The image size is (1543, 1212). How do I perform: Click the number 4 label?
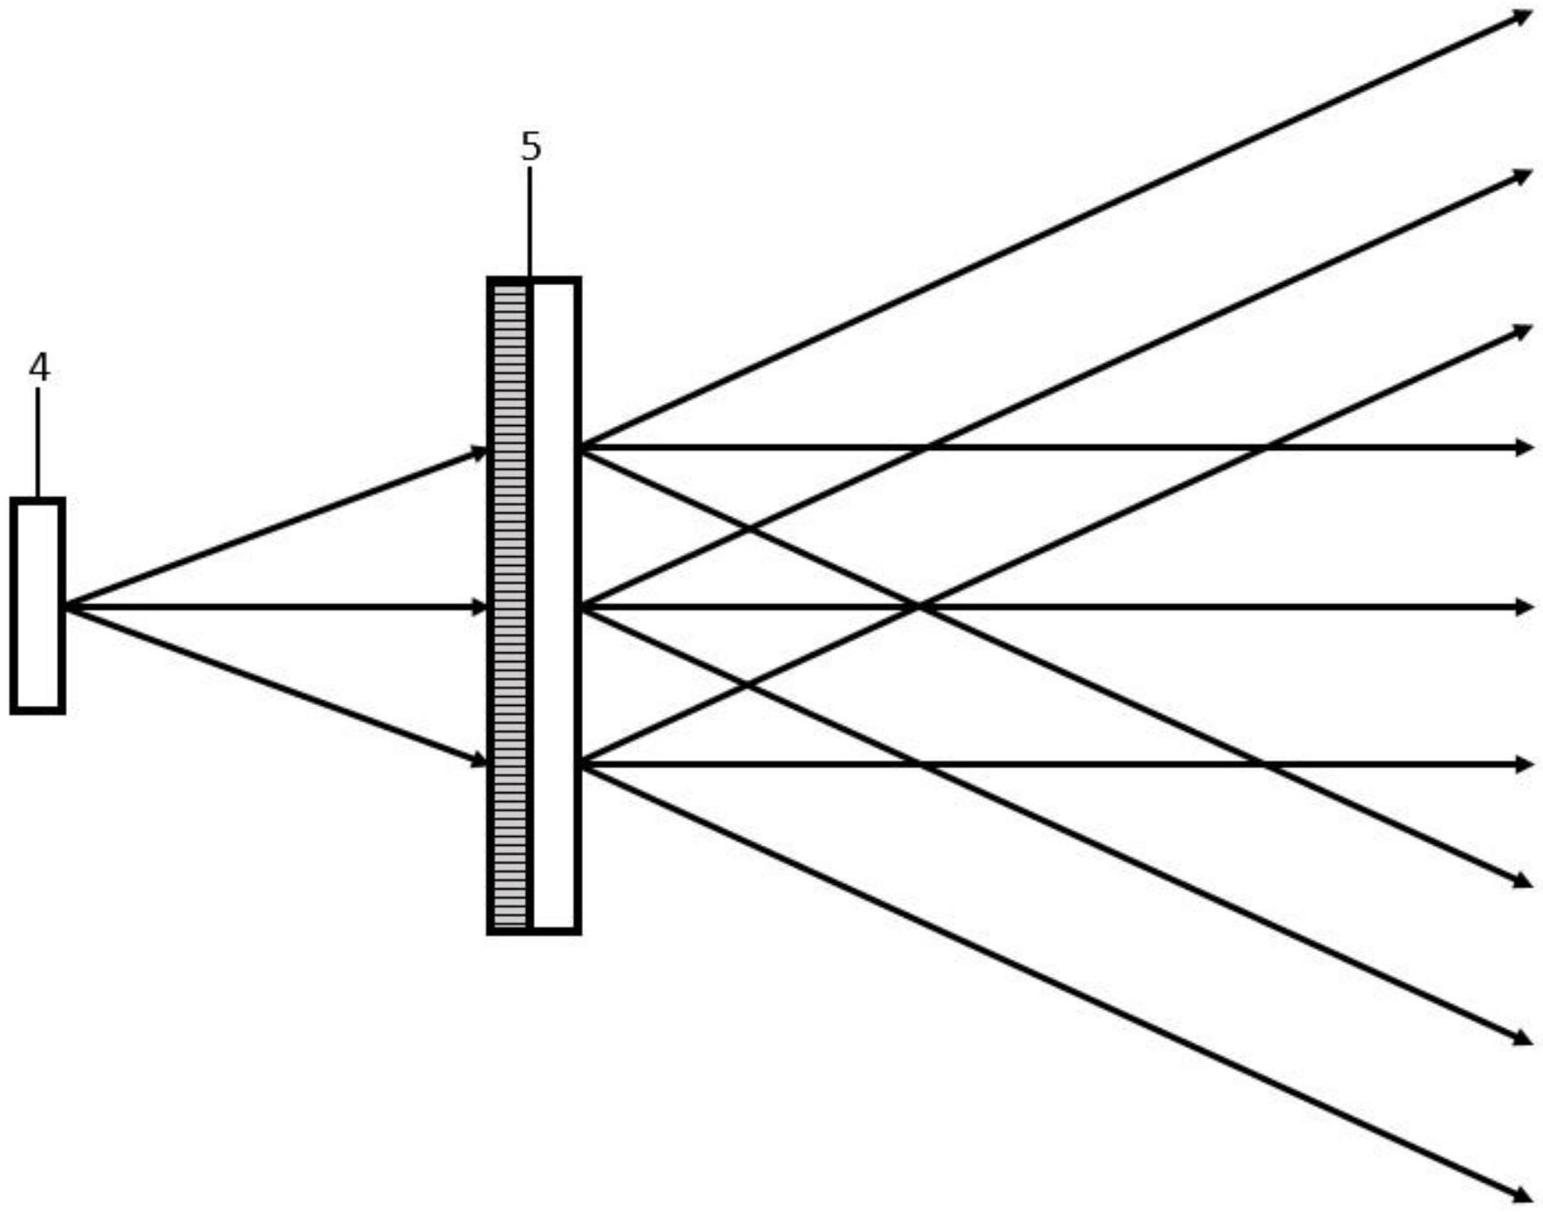tap(39, 367)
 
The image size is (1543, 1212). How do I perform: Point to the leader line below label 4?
tap(37, 442)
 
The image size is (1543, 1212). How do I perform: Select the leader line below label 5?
tap(529, 222)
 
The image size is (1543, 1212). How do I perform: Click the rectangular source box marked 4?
tap(37, 606)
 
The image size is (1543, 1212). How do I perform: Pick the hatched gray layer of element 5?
tap(510, 606)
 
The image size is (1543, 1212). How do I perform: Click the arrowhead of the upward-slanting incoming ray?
tap(480, 453)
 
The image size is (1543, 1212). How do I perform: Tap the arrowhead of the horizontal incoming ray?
tap(480, 607)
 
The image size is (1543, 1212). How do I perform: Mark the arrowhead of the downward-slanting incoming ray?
tap(480, 760)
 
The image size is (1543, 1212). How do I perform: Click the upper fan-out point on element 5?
tap(582, 447)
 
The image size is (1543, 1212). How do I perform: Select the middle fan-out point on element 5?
tap(582, 607)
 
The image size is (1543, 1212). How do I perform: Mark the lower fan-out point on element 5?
tap(582, 765)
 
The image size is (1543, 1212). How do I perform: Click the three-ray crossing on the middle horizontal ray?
tap(920, 607)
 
